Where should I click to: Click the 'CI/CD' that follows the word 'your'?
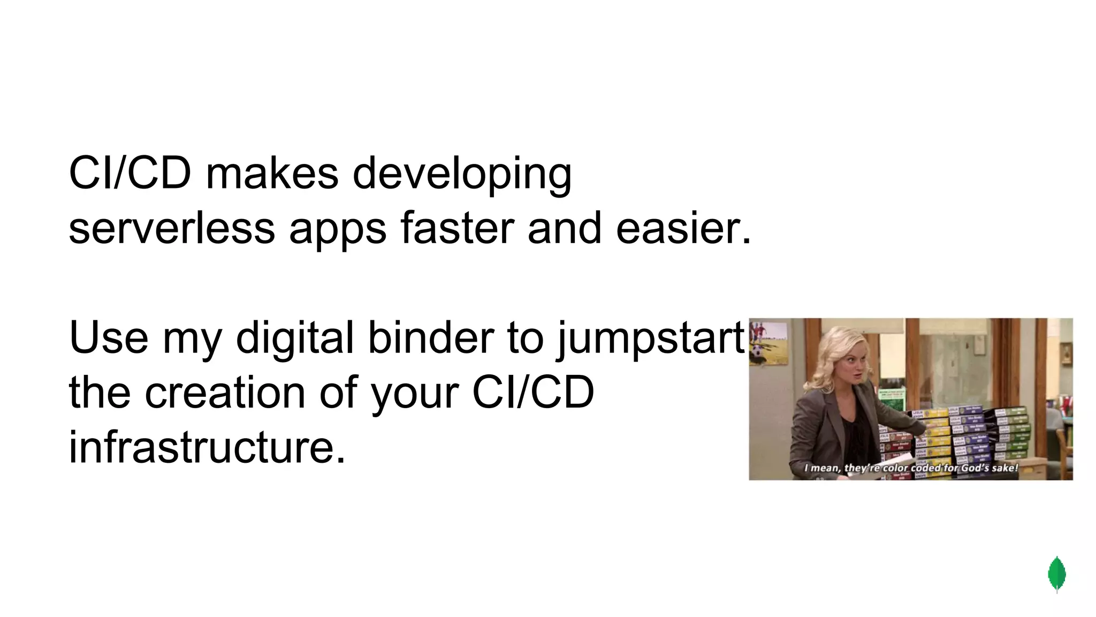[533, 393]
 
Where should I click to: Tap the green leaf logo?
[1056, 574]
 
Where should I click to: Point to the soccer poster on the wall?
[768, 343]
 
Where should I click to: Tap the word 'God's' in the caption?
[977, 468]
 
